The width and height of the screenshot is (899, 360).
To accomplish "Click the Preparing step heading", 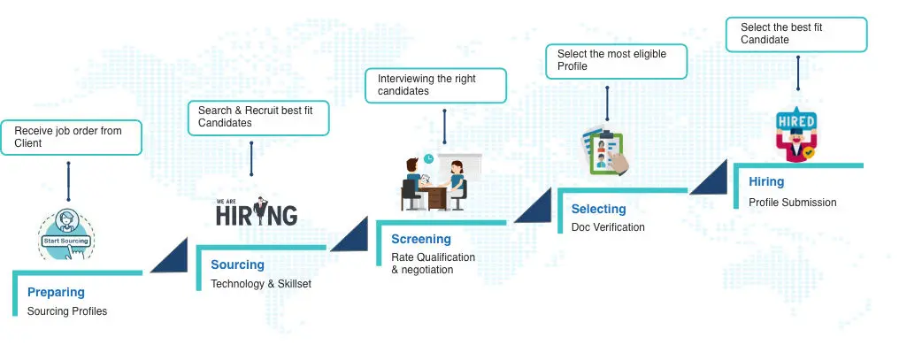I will click(x=56, y=292).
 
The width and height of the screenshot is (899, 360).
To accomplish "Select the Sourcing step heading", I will click(x=237, y=264).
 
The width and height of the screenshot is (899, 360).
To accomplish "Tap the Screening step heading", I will click(x=421, y=239).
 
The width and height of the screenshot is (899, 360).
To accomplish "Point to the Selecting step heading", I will click(x=598, y=209).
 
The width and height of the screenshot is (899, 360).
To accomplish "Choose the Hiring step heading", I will click(x=766, y=181).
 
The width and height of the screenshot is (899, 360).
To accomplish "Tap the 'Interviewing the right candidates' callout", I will click(x=435, y=85).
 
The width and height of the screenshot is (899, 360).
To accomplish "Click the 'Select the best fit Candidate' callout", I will click(x=797, y=34).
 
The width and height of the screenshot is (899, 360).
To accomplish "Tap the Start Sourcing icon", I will click(x=67, y=234).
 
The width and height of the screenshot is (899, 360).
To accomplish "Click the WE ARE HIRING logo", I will click(x=257, y=212).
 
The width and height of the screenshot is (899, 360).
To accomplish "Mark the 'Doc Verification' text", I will click(x=608, y=227).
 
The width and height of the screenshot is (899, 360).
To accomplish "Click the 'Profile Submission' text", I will click(x=792, y=203).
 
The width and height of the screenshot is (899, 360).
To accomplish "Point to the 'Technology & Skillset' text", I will click(x=261, y=284).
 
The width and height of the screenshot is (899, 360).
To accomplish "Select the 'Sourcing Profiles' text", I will click(x=67, y=311).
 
